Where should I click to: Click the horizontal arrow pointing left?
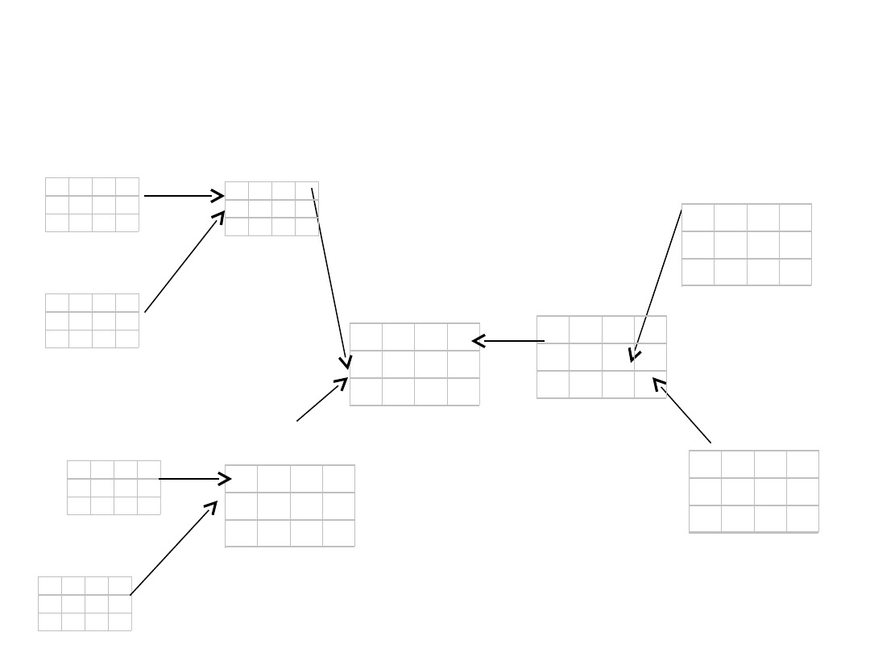[509, 341]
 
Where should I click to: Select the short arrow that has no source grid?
[321, 400]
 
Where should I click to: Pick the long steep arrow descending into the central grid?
[329, 278]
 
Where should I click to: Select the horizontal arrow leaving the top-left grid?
[183, 196]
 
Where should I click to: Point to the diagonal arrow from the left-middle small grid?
[184, 262]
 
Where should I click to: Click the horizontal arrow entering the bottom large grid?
[195, 479]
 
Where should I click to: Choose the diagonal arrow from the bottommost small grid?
[173, 548]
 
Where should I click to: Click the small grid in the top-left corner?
[92, 205]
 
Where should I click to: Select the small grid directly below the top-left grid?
[92, 321]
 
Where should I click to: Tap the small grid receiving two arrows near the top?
[271, 209]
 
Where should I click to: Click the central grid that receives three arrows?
[415, 364]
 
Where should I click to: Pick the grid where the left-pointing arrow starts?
[602, 357]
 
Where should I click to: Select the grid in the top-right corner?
[747, 244]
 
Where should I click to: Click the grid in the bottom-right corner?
[754, 492]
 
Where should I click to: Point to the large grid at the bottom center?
[290, 506]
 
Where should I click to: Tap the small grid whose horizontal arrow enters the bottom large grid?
[114, 487]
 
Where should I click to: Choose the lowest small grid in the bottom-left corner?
[85, 603]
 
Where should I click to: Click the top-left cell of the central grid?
[366, 337]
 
